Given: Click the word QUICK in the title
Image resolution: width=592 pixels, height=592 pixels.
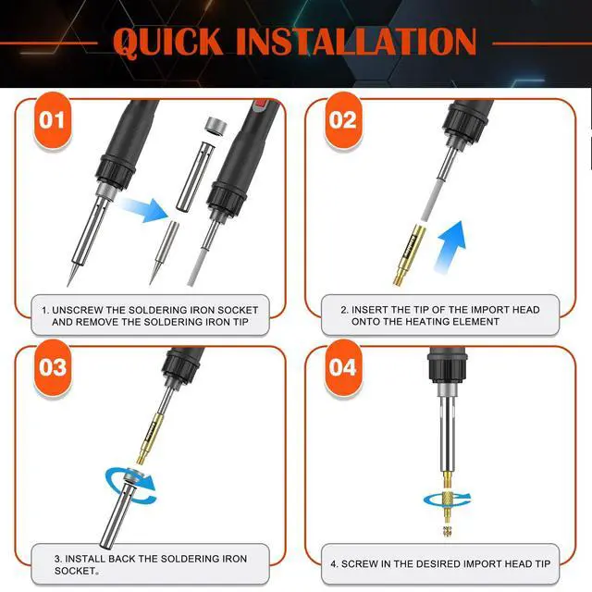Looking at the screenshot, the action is click(x=168, y=42).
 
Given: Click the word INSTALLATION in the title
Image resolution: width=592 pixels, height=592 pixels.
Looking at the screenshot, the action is click(x=356, y=42).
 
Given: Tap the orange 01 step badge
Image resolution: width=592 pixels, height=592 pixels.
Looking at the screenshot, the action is click(x=53, y=120).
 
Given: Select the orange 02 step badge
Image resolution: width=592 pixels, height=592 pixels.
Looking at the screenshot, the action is click(x=343, y=120).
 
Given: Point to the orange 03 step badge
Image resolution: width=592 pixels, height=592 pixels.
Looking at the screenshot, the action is click(x=53, y=367).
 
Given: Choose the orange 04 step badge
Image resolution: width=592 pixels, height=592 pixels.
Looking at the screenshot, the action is click(x=343, y=367).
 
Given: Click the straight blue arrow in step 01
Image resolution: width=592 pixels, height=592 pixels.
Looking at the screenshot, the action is click(x=143, y=210).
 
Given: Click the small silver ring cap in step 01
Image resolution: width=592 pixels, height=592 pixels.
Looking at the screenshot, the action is click(x=215, y=127).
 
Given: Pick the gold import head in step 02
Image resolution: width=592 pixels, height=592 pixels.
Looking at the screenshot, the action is click(x=409, y=254).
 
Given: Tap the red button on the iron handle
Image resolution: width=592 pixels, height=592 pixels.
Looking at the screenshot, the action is click(x=261, y=105).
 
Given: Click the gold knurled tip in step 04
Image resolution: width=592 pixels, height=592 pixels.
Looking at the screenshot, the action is click(x=448, y=502).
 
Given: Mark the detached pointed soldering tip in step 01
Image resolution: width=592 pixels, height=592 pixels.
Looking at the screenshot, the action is click(x=164, y=253).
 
